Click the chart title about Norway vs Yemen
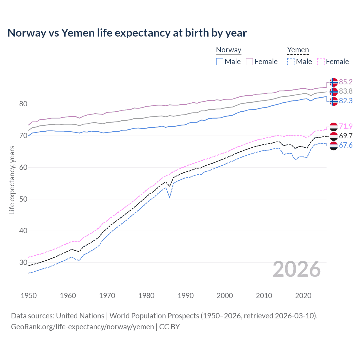pos(127,33)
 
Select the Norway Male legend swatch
pos(220,62)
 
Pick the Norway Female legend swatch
pos(249,62)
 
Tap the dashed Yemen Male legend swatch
pos(291,62)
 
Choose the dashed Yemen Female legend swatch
pos(321,62)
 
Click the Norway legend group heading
pos(228,50)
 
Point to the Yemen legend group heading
pos(298,50)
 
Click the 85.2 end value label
pos(346,82)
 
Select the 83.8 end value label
pos(346,91)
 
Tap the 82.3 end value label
pos(346,101)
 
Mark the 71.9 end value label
pos(346,126)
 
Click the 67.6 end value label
pos(346,145)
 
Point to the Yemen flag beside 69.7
pos(334,136)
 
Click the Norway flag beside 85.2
pos(334,82)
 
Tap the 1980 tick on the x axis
pos(146,296)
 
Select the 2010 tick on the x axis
pos(264,296)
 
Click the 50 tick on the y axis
pos(23,199)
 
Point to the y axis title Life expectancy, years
pos(12,180)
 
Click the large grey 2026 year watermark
pos(296,269)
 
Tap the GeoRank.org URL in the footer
pos(82,327)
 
